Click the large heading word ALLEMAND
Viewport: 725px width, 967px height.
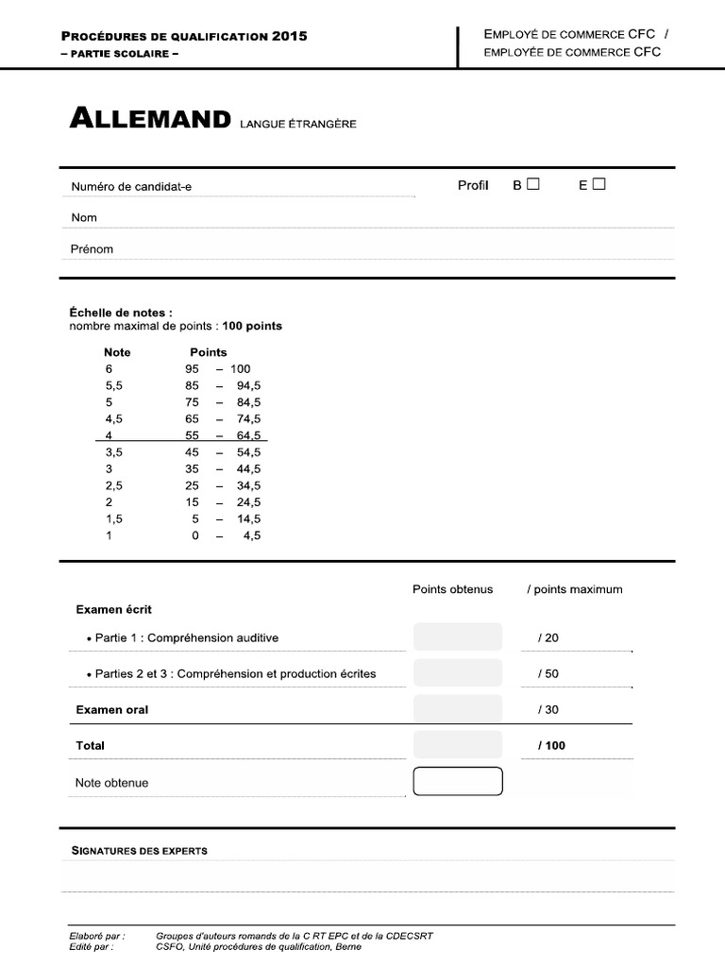pos(150,120)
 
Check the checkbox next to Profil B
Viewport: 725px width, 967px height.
pos(533,184)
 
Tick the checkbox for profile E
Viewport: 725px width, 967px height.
pos(599,184)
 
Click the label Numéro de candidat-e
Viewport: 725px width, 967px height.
pos(131,187)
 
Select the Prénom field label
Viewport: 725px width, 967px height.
pos(93,249)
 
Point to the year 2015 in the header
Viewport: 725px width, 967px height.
pos(289,36)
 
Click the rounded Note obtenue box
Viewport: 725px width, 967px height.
pos(458,782)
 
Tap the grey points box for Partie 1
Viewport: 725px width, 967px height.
pos(458,637)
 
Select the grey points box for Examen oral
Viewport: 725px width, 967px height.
pos(458,709)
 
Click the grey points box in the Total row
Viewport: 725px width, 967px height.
pos(458,745)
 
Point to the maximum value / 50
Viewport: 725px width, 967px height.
pos(548,673)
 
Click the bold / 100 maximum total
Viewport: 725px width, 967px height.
pos(551,745)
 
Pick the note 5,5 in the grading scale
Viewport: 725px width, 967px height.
pos(114,385)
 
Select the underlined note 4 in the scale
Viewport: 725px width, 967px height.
pos(109,435)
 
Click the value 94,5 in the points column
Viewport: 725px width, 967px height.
pos(249,385)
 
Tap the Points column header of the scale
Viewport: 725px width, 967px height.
pos(208,352)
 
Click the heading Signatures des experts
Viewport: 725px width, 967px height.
pos(140,851)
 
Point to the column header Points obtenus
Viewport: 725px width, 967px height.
pos(452,589)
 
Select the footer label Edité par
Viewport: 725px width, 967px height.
pos(91,946)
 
